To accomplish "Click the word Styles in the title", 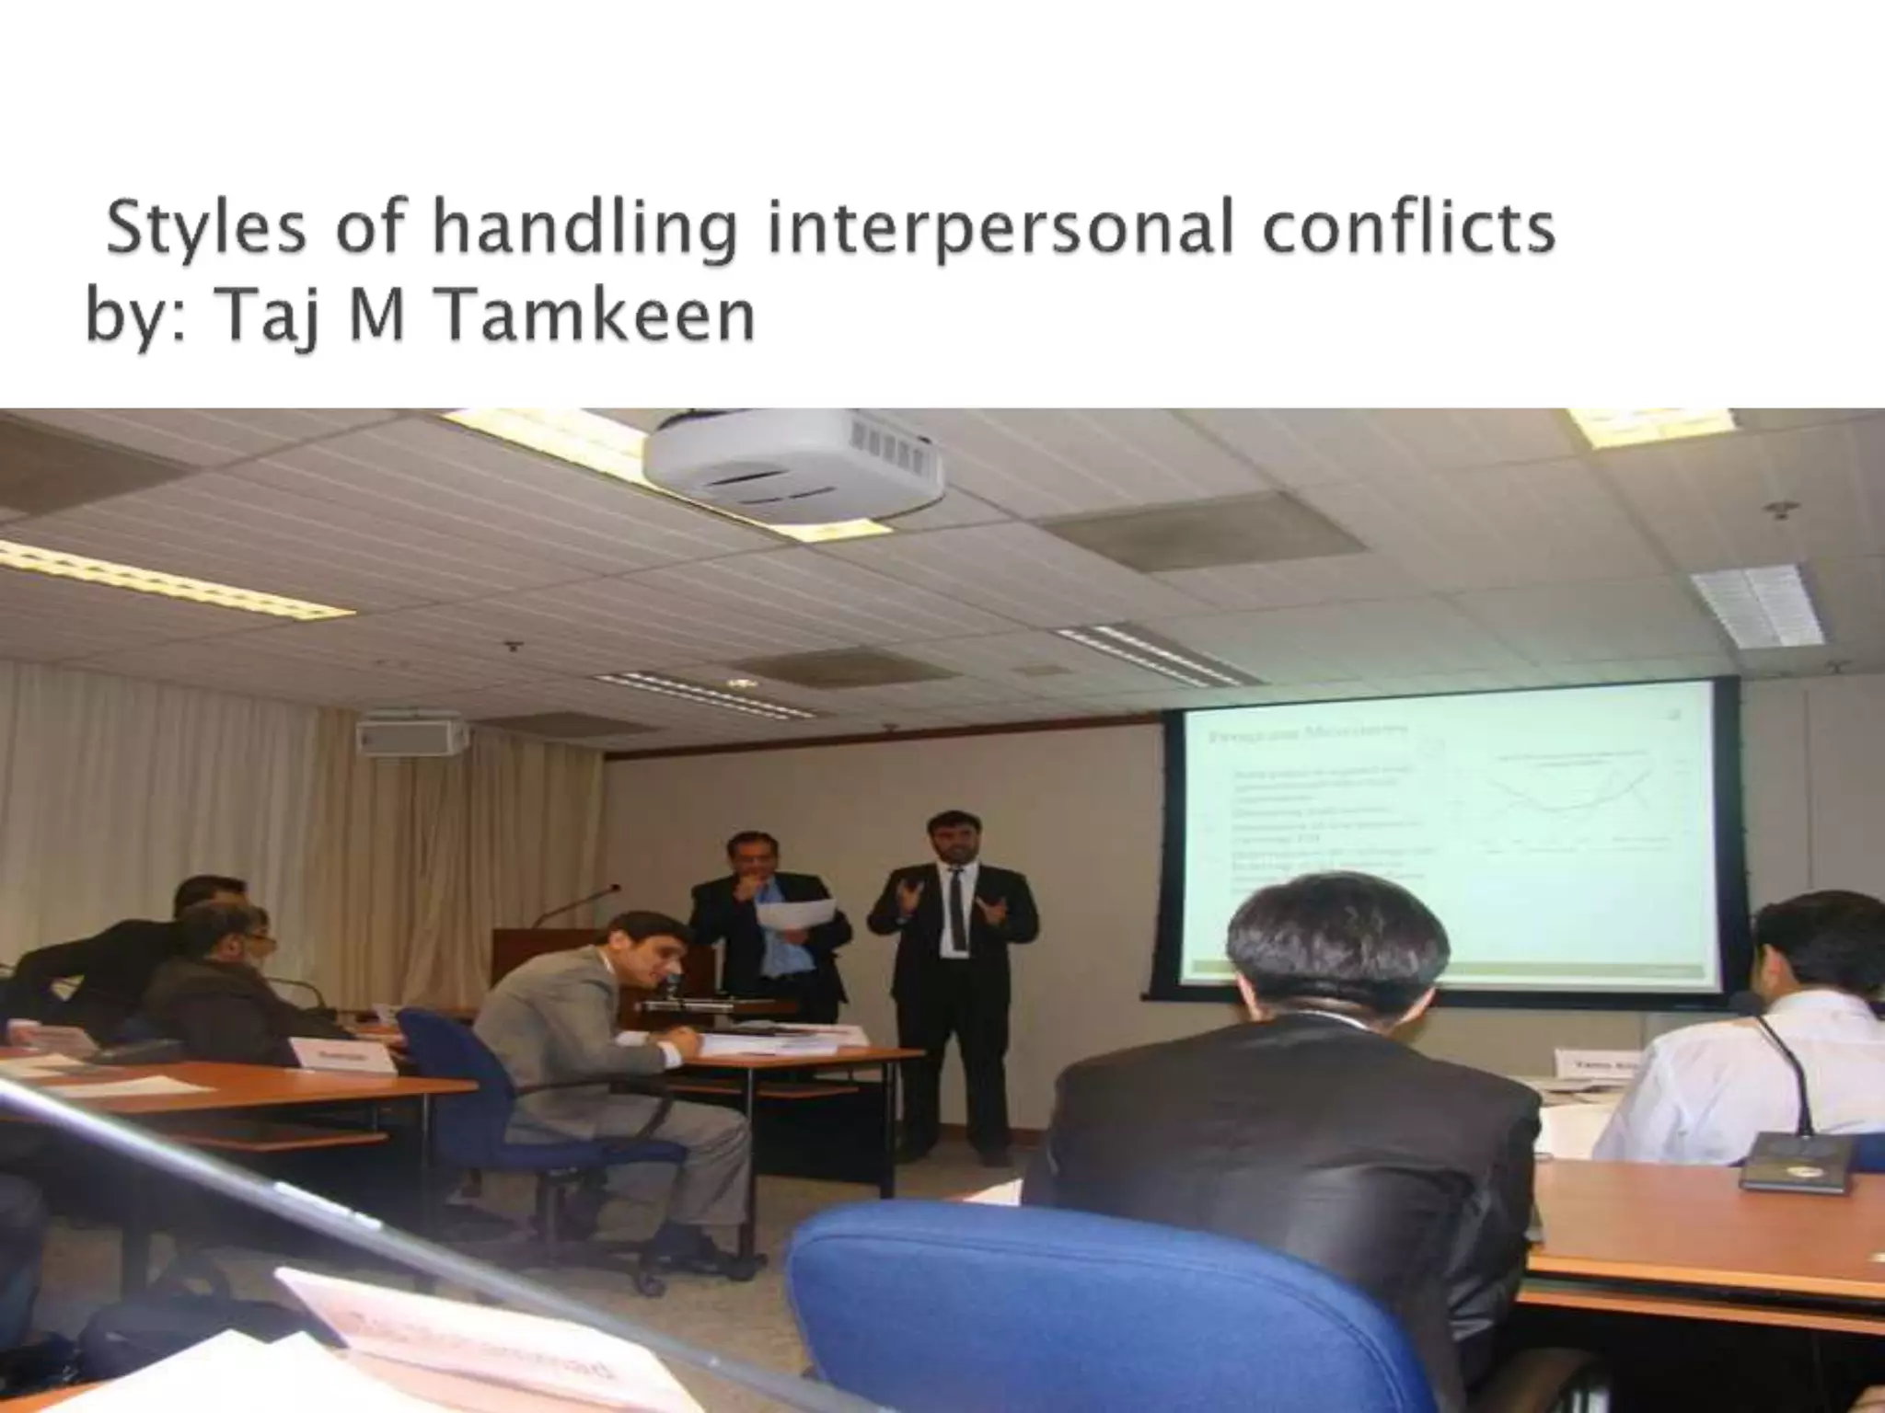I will click(x=205, y=230).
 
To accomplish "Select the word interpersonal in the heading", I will click(x=1000, y=230).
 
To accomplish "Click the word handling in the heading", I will click(x=584, y=230).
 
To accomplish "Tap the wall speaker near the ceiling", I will click(x=411, y=735).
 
